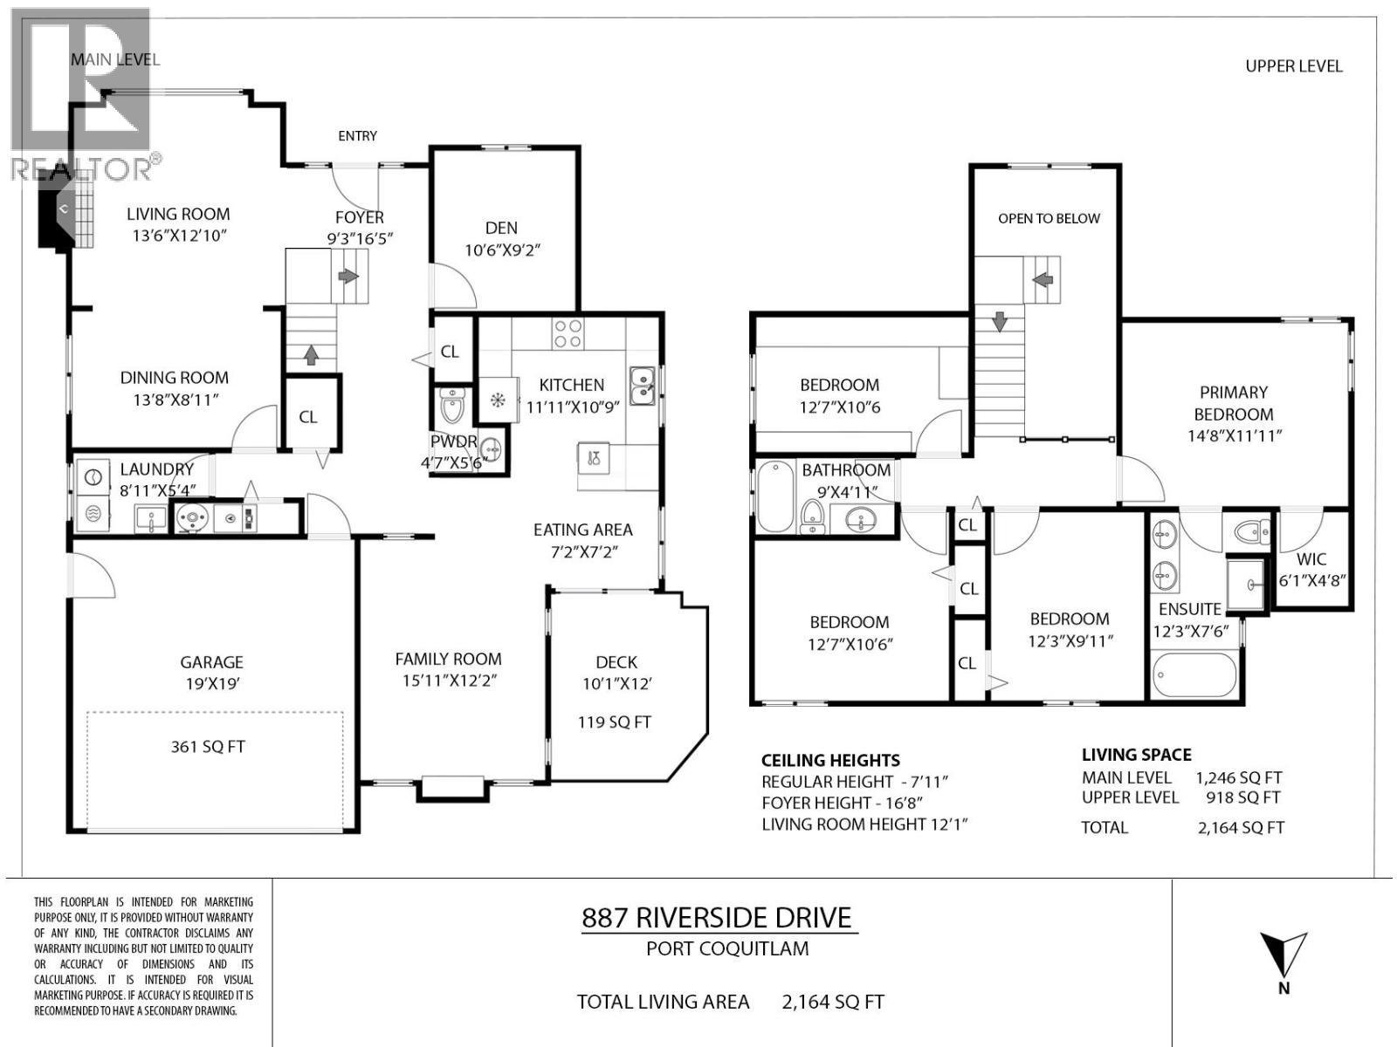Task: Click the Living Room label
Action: [178, 215]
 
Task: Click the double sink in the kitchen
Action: [643, 387]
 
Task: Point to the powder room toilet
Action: [453, 407]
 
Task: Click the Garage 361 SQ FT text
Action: [208, 747]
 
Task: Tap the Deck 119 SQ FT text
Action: [614, 722]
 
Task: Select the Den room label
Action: [501, 229]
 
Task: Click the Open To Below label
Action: [1049, 219]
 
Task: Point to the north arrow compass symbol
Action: [1283, 956]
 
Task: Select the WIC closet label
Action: [1311, 560]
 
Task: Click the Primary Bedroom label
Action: [1233, 403]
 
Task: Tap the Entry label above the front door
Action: [357, 136]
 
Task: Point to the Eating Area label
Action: [582, 530]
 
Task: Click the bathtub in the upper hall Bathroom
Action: [774, 496]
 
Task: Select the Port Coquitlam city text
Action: [726, 949]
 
